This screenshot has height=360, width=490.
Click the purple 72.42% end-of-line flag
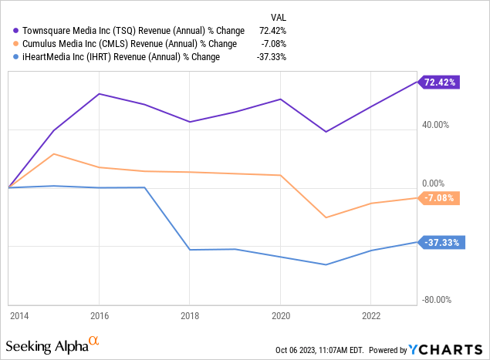[x=440, y=81]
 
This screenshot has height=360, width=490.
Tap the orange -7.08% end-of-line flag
[x=441, y=198]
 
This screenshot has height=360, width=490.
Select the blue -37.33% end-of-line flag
[x=440, y=242]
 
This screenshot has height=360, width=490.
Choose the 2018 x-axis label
[x=191, y=315]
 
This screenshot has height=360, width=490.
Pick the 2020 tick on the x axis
[x=281, y=315]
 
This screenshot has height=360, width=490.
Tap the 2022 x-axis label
[x=371, y=315]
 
